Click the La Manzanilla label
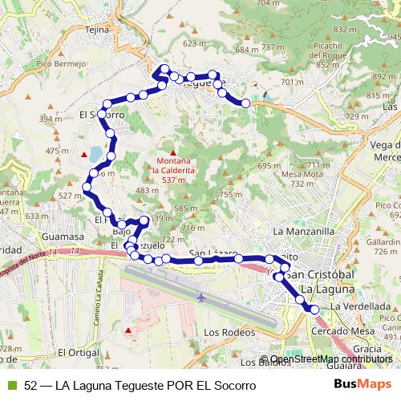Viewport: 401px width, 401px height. pos(303,231)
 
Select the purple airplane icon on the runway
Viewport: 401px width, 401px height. pos(200,297)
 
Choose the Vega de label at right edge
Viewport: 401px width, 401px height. pos(385,144)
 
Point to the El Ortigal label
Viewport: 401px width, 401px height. pos(78,352)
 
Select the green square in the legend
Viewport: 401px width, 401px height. pos(11,385)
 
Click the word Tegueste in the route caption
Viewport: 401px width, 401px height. pos(137,385)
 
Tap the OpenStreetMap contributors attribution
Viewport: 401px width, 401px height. pos(331,359)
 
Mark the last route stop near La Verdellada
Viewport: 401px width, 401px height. pos(314,309)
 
